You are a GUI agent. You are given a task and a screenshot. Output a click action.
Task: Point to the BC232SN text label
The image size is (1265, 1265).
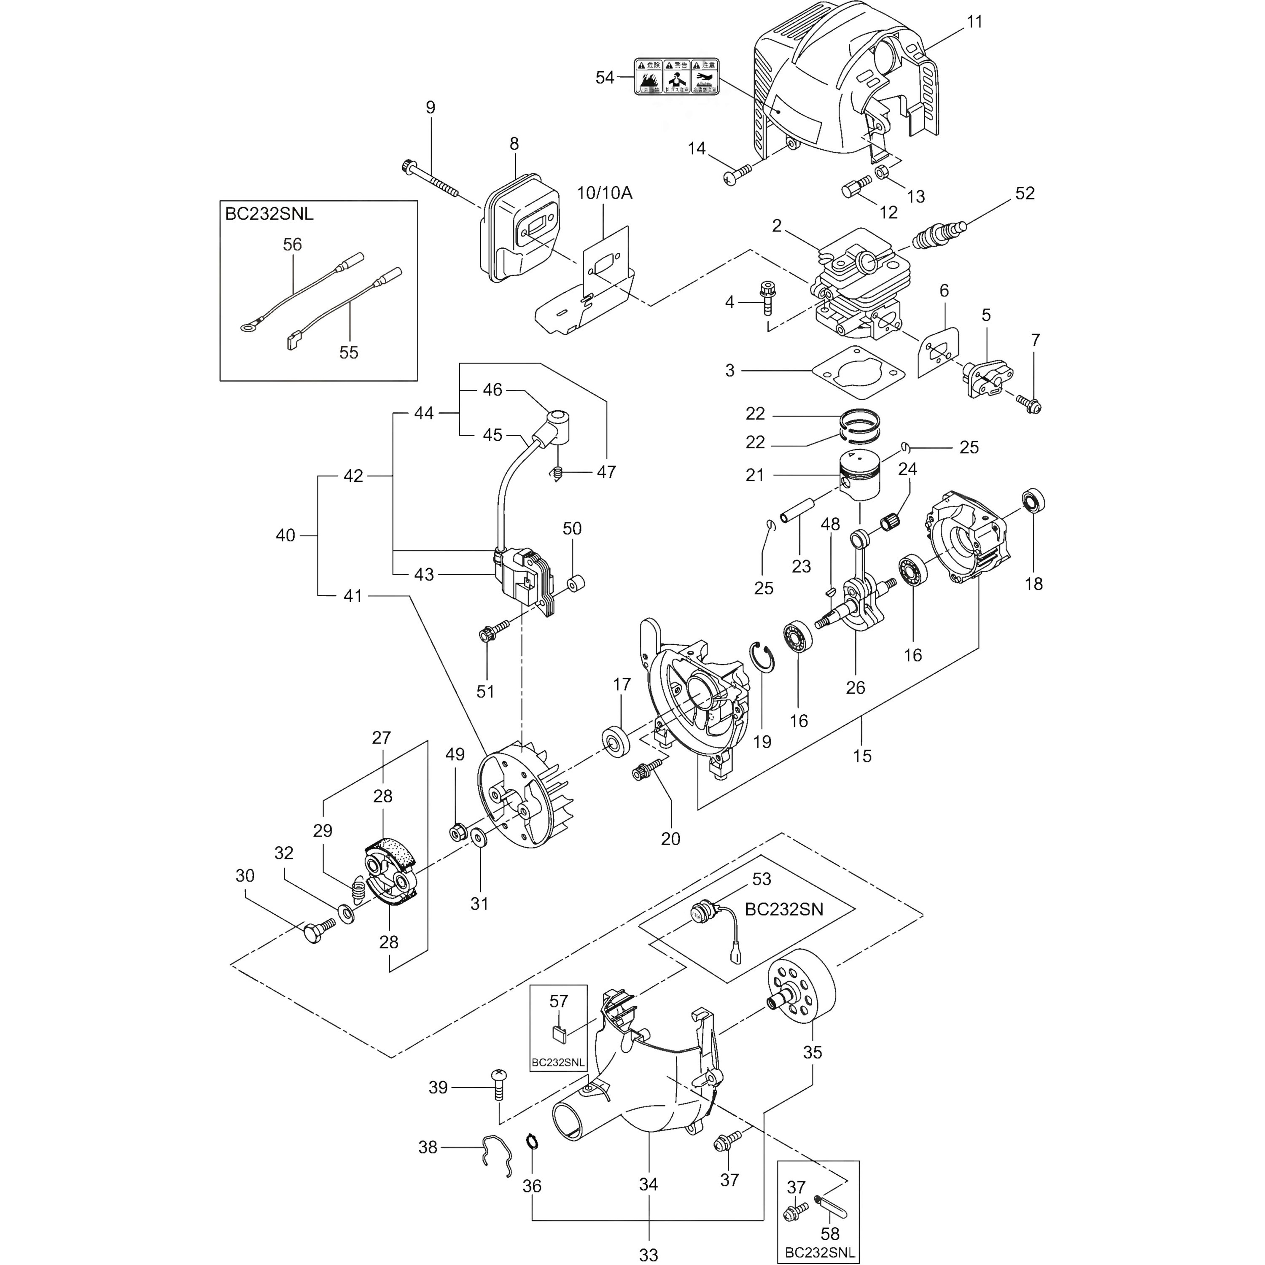point(784,910)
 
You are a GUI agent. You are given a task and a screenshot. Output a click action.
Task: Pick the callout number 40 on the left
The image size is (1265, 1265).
point(285,535)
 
